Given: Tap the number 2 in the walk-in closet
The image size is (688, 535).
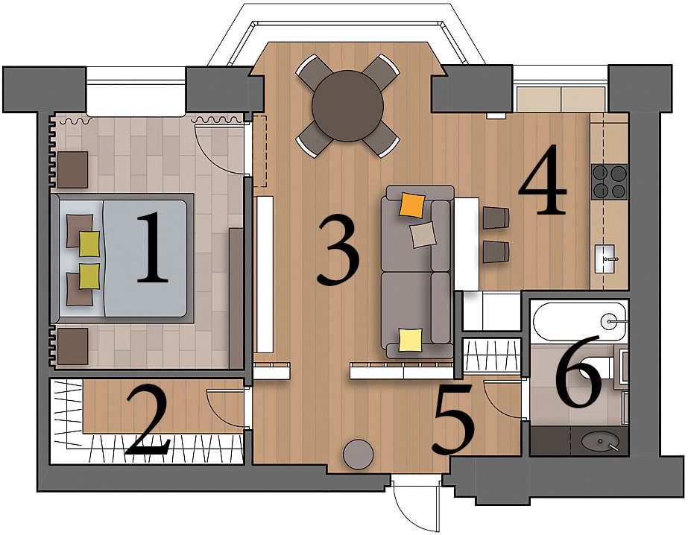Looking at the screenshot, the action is (147, 420).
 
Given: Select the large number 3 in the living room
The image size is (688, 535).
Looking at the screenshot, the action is (338, 251).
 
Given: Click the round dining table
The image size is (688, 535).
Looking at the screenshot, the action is (347, 106).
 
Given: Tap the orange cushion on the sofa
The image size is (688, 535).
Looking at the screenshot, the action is (412, 205).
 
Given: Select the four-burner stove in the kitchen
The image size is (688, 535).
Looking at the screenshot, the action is (609, 182).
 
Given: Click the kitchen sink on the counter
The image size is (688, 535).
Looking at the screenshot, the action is (608, 259).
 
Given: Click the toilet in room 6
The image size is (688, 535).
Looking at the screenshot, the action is (602, 370).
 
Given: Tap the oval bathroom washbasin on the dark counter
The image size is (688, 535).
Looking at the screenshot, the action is (600, 441).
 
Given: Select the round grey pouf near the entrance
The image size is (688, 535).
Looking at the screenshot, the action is (359, 455).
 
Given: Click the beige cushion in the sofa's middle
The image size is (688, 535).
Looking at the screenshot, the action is (423, 234).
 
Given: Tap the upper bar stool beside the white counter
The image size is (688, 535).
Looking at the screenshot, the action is (496, 218).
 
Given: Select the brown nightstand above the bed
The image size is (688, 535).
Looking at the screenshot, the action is (72, 170).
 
